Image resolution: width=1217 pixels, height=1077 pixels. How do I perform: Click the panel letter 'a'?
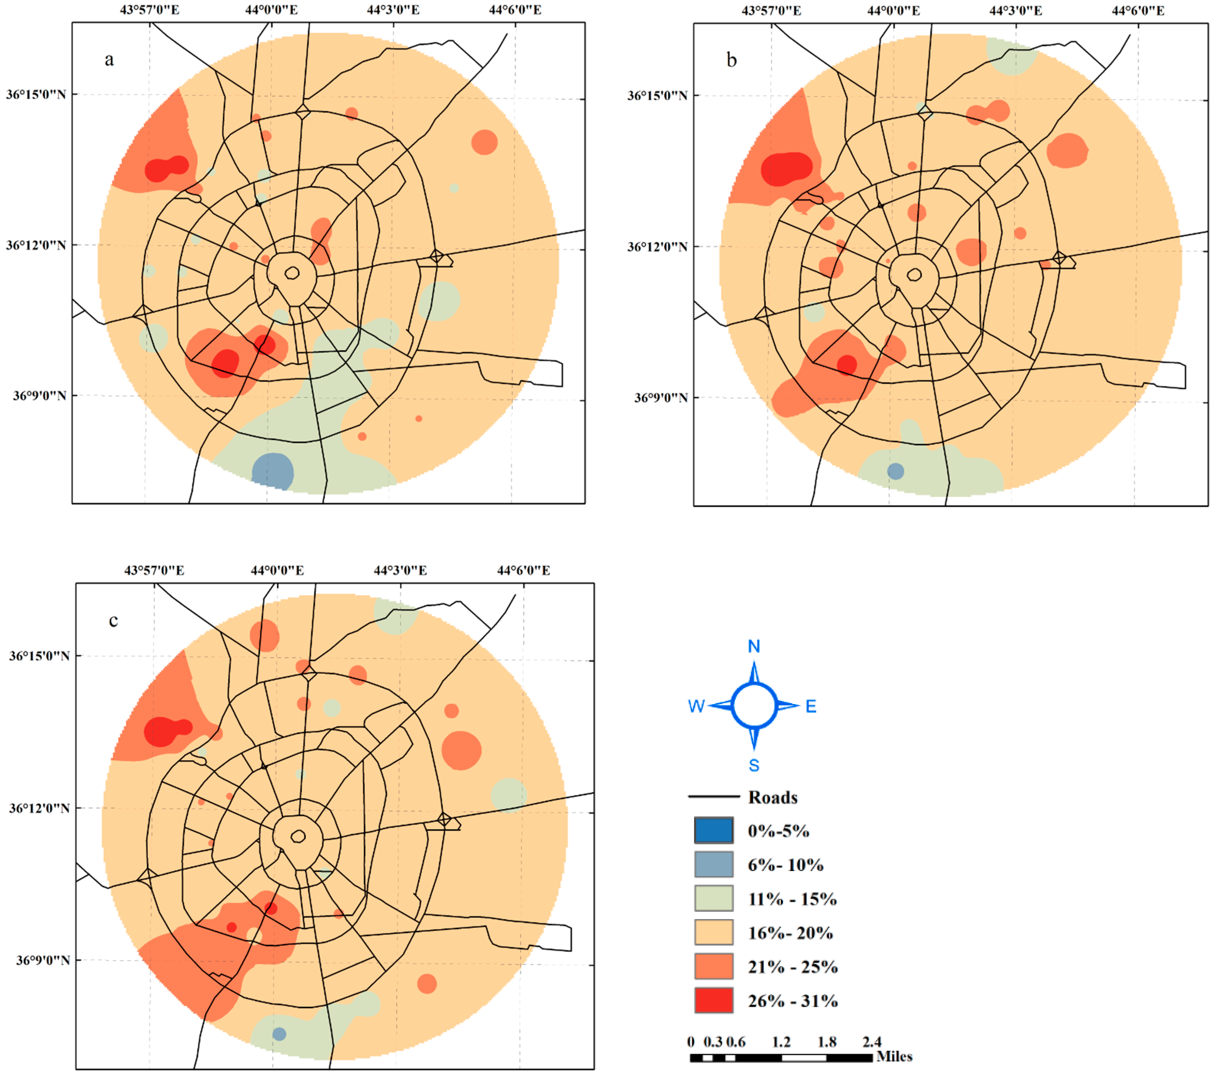[x=109, y=60]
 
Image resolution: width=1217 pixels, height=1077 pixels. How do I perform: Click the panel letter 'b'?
[x=732, y=60]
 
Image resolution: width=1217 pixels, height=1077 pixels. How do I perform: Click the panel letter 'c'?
[x=113, y=621]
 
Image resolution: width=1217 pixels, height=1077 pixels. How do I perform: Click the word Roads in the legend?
[x=772, y=797]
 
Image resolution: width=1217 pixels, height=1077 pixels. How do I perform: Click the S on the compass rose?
[x=754, y=766]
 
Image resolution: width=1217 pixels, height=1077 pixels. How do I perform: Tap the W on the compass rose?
[x=696, y=706]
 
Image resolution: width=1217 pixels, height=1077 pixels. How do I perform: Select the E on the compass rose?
[x=811, y=706]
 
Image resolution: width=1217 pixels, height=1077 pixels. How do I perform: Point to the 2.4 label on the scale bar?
[x=872, y=1042]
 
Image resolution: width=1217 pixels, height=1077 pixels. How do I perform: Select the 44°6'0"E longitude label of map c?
[x=523, y=570]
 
